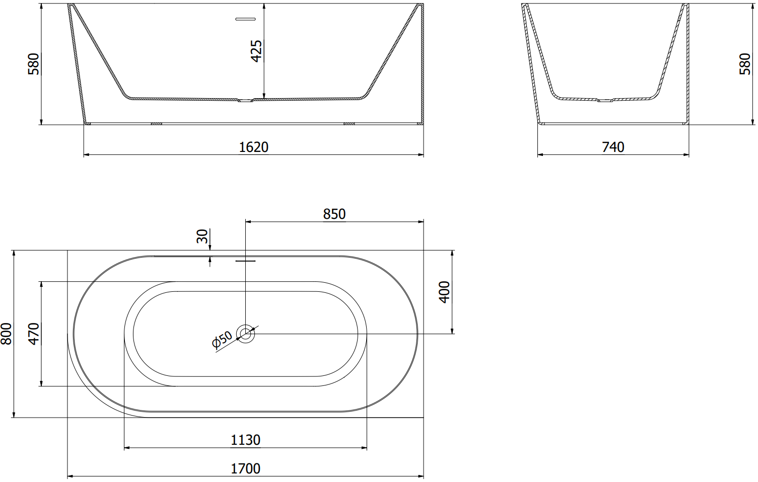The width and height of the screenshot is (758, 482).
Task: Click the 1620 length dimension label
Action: point(253,147)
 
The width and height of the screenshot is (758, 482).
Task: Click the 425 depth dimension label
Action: point(256,51)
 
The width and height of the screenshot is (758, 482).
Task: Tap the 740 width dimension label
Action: point(613,147)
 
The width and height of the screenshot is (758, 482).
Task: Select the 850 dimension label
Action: point(334,214)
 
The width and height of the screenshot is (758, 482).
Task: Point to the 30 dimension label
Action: point(202,236)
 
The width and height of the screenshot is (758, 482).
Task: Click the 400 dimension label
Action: point(444,292)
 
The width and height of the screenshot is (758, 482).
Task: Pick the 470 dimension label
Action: point(34,334)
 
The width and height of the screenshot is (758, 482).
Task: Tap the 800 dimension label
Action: point(6,334)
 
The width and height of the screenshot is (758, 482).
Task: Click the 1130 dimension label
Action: point(245,440)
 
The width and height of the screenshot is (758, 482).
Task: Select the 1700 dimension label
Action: point(245,468)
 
